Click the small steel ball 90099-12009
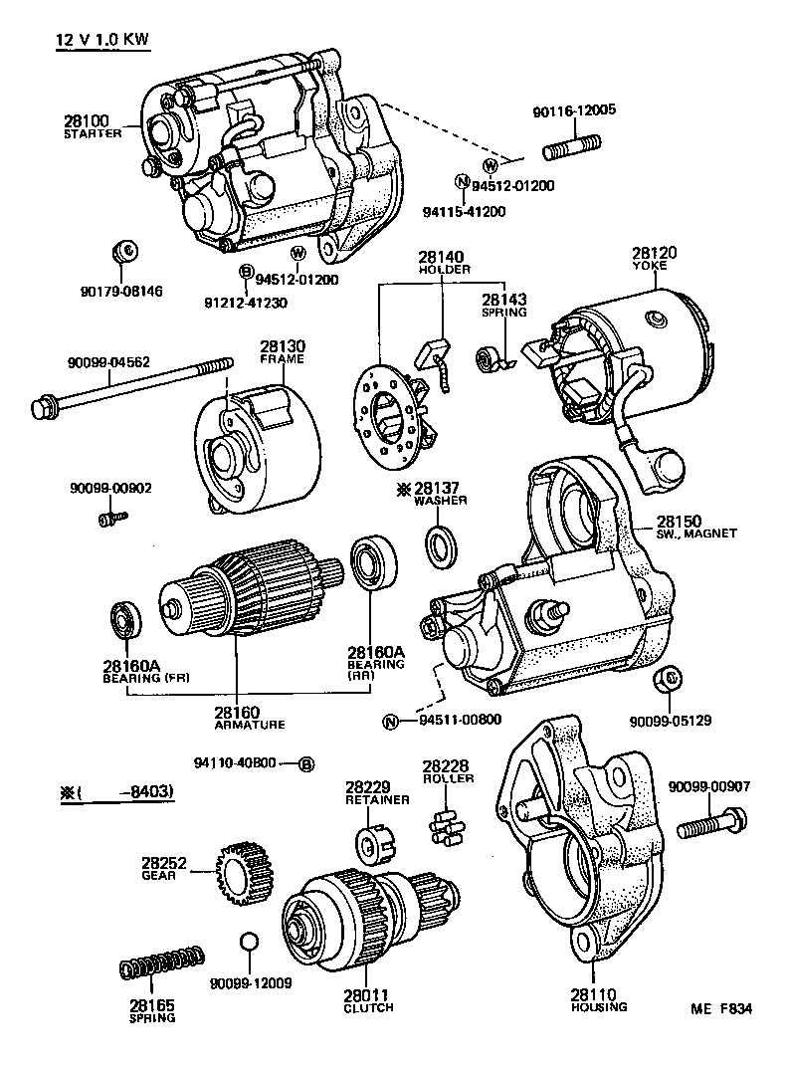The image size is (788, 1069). click(x=249, y=942)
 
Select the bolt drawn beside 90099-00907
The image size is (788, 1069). click(x=712, y=826)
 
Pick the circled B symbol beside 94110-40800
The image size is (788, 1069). click(x=307, y=763)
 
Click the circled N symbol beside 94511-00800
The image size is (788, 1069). click(x=391, y=722)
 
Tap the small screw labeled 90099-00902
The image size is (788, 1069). click(x=111, y=518)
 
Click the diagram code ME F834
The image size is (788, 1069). click(x=722, y=1008)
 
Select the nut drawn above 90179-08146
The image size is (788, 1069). click(x=126, y=253)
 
